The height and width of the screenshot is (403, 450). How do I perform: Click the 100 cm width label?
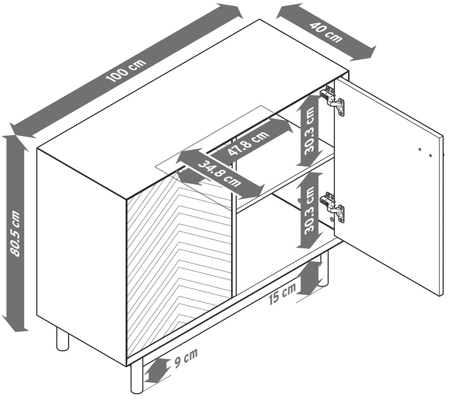(x=126, y=71)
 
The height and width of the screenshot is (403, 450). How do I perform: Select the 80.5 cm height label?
(x=15, y=233)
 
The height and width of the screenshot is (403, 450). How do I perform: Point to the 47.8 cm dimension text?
(x=249, y=143)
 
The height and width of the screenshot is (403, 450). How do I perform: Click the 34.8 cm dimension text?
(x=220, y=174)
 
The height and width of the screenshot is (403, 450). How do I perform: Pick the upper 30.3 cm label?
(x=309, y=131)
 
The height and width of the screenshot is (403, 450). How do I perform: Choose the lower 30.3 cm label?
(x=309, y=211)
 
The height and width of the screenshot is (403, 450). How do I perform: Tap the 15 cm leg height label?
(x=282, y=294)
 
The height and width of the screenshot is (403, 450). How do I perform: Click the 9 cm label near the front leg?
(x=186, y=358)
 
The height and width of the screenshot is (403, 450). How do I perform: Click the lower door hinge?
(x=333, y=207)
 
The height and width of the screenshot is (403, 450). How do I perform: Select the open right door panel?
(x=389, y=187)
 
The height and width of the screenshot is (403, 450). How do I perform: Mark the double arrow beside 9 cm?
(x=156, y=370)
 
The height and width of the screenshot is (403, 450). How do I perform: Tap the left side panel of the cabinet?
(x=82, y=257)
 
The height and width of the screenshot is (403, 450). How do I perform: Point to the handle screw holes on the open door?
(x=425, y=152)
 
